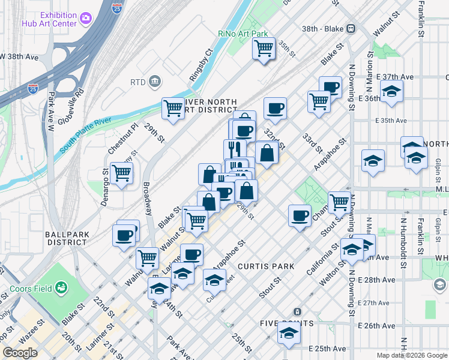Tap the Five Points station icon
(x=297, y=311)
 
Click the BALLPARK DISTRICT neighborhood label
(x=66, y=238)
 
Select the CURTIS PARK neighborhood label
(x=266, y=266)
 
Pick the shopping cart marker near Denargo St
(x=122, y=173)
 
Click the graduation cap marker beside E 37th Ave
(x=391, y=91)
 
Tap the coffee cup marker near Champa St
(x=300, y=215)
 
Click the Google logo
(x=20, y=352)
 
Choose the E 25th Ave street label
(x=327, y=349)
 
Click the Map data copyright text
(x=412, y=355)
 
